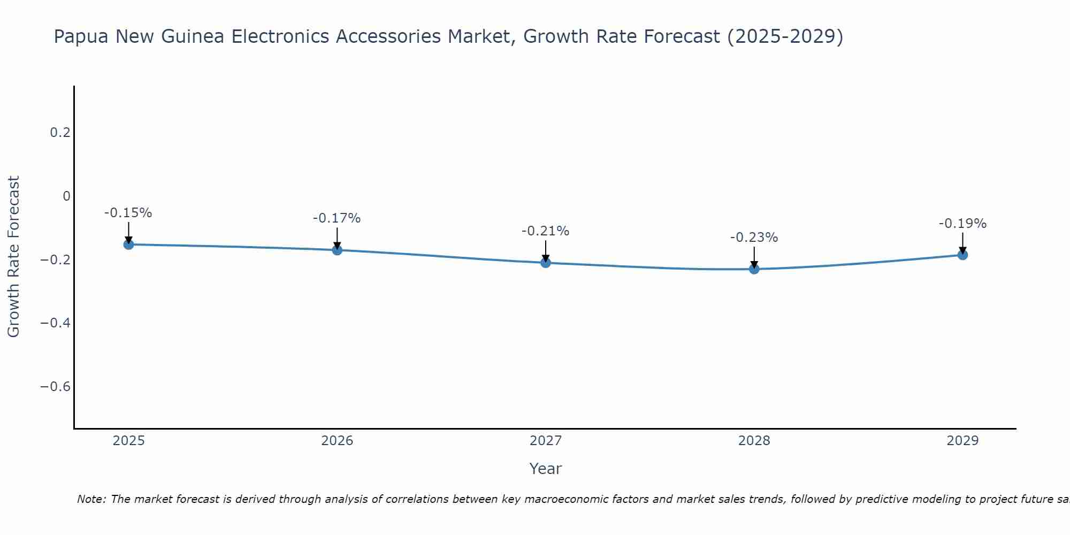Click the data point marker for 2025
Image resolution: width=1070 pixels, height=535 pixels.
pyautogui.click(x=128, y=244)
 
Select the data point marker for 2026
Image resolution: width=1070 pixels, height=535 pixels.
pyautogui.click(x=337, y=250)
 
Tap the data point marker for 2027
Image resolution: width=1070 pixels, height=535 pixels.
pyautogui.click(x=546, y=263)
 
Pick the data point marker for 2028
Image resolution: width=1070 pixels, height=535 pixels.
pyautogui.click(x=754, y=269)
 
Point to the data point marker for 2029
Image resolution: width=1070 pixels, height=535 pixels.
pyautogui.click(x=962, y=255)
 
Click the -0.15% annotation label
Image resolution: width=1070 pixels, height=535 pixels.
pyautogui.click(x=128, y=213)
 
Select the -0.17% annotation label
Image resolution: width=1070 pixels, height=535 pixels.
pyautogui.click(x=337, y=218)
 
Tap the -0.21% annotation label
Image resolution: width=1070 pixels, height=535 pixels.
pyautogui.click(x=546, y=231)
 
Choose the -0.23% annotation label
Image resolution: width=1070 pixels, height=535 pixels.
pyautogui.click(x=754, y=238)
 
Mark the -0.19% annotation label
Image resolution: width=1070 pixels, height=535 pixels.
pyautogui.click(x=962, y=224)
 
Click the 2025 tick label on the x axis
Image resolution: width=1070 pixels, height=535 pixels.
pyautogui.click(x=128, y=441)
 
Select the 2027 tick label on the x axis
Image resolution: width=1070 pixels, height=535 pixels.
pyautogui.click(x=546, y=441)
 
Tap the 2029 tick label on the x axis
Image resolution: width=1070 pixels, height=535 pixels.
pyautogui.click(x=962, y=441)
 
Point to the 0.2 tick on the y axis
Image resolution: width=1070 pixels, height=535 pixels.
pyautogui.click(x=60, y=133)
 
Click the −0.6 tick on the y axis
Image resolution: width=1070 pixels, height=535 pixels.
pyautogui.click(x=56, y=387)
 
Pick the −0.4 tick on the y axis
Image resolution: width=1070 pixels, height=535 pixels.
pyautogui.click(x=56, y=323)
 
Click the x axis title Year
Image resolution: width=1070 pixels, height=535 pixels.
pyautogui.click(x=545, y=469)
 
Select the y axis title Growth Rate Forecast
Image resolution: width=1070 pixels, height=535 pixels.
pyautogui.click(x=14, y=257)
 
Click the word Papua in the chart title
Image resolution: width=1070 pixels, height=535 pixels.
pyautogui.click(x=81, y=37)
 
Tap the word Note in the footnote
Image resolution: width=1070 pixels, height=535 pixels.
pyautogui.click(x=91, y=499)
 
